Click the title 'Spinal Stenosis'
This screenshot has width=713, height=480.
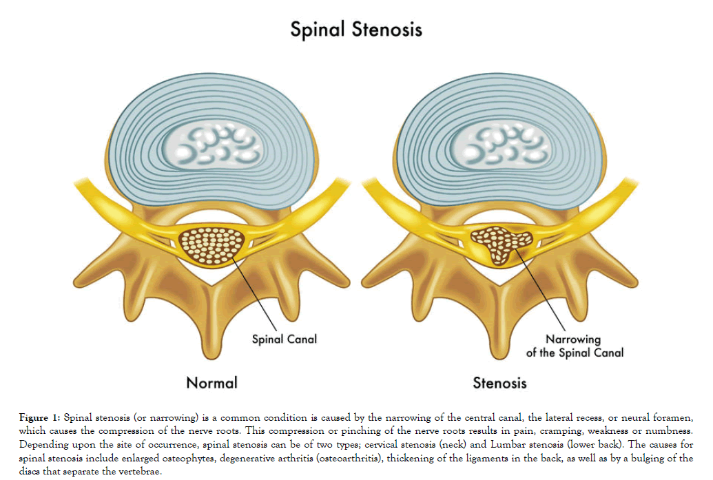click(355, 30)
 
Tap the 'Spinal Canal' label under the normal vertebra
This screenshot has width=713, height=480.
click(284, 339)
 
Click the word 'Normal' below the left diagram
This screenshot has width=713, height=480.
click(211, 383)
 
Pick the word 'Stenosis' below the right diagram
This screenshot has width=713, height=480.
click(499, 383)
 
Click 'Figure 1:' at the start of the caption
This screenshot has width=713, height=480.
click(39, 419)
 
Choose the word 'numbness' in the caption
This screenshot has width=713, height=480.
click(668, 432)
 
